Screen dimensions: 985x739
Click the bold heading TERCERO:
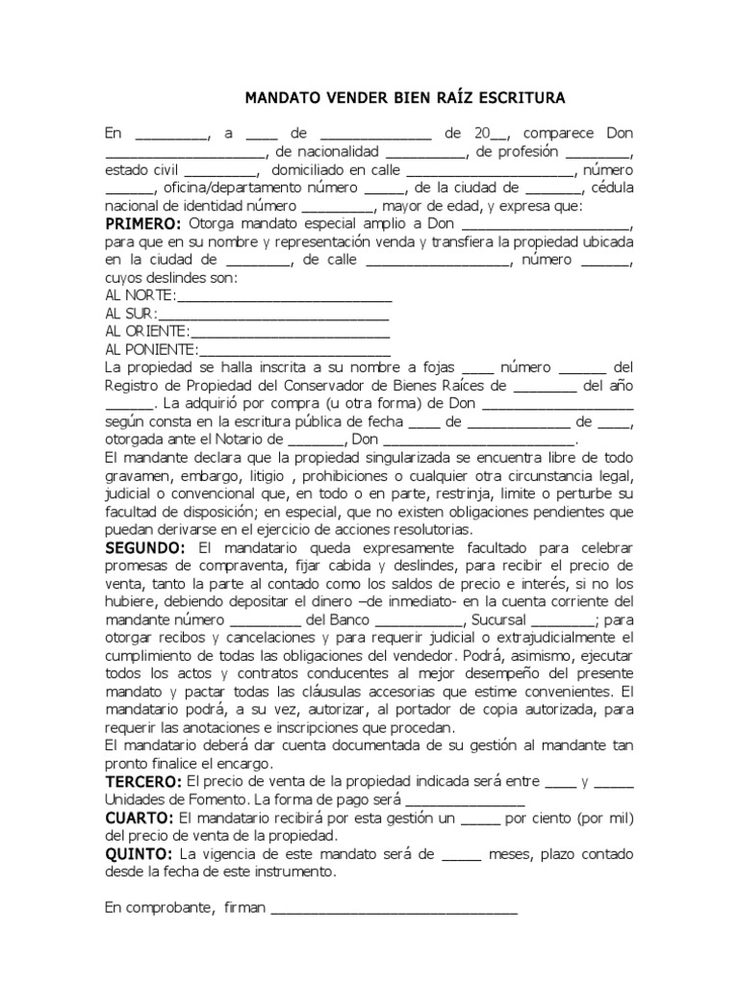pos(143,781)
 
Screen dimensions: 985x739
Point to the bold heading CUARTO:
pos(140,817)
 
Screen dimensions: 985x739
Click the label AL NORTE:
pos(140,294)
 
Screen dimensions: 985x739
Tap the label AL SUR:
pos(131,313)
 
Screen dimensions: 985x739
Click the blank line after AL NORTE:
pos(284,296)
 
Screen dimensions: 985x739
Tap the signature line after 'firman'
pos(395,910)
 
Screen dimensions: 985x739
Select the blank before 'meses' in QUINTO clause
pos(461,855)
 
